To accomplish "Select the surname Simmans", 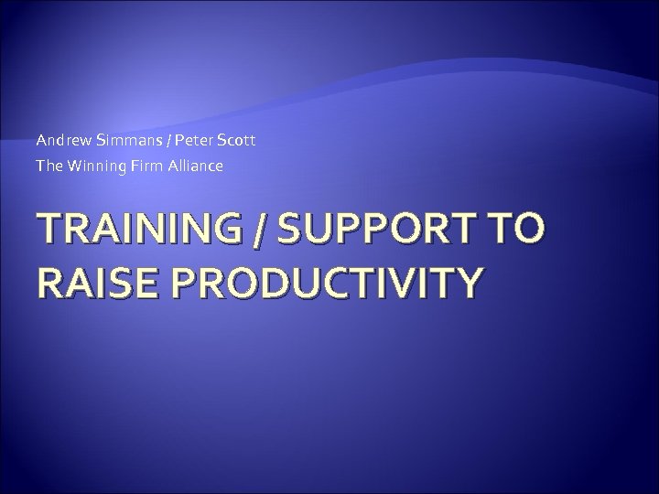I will [122, 142].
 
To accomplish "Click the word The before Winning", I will [47, 166].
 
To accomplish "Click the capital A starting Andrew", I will [41, 142].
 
